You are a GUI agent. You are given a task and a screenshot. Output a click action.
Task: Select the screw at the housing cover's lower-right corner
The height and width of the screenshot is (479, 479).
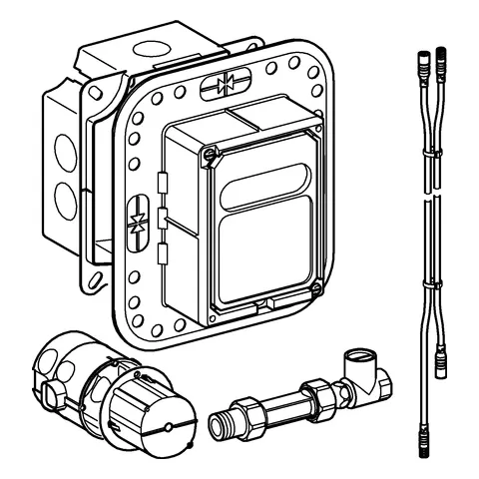click(x=314, y=290)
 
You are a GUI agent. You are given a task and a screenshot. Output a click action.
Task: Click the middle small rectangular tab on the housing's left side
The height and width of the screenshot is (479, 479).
click(x=164, y=218)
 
